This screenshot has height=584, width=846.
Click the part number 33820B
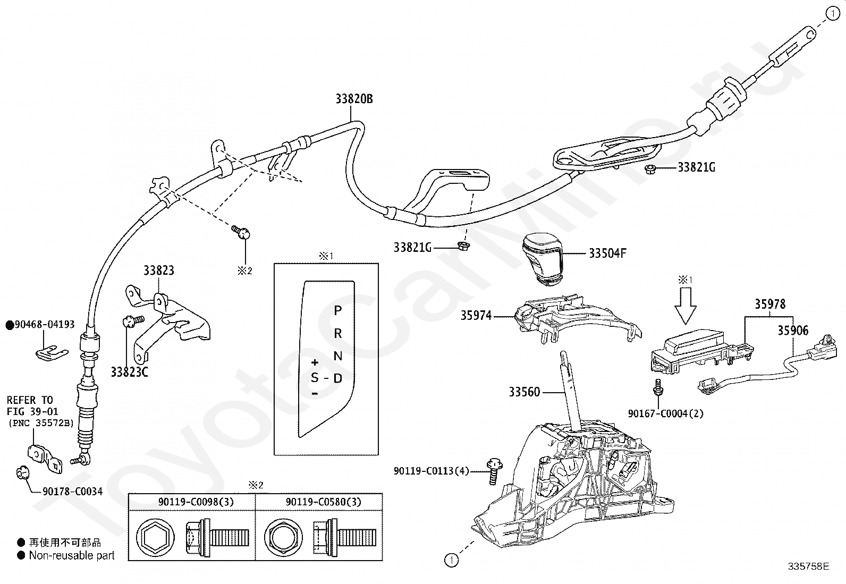pyautogui.click(x=354, y=99)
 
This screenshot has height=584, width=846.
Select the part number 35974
pyautogui.click(x=476, y=316)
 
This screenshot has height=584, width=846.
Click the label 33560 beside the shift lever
pyautogui.click(x=524, y=392)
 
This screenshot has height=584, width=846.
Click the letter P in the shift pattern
pyautogui.click(x=337, y=310)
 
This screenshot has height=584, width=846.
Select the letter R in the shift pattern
pyautogui.click(x=337, y=333)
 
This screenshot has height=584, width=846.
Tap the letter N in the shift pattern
pyautogui.click(x=337, y=356)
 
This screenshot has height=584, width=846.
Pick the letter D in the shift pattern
pyautogui.click(x=337, y=378)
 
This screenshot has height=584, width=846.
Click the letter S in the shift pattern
pyautogui.click(x=315, y=378)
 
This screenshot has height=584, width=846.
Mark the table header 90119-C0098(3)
pyautogui.click(x=196, y=502)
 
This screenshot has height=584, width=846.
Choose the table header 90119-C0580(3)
pyautogui.click(x=323, y=502)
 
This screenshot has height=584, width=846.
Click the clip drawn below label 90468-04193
pyautogui.click(x=52, y=353)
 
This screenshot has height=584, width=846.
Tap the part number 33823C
pyautogui.click(x=129, y=372)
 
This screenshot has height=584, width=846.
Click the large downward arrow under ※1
pyautogui.click(x=686, y=306)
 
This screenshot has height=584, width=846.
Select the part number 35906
pyautogui.click(x=793, y=331)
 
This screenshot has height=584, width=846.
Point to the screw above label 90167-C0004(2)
pyautogui.click(x=658, y=387)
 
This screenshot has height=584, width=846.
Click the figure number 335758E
pyautogui.click(x=808, y=566)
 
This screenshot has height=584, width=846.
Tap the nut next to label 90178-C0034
pyautogui.click(x=22, y=472)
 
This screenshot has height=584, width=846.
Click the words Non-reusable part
pyautogui.click(x=72, y=555)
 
